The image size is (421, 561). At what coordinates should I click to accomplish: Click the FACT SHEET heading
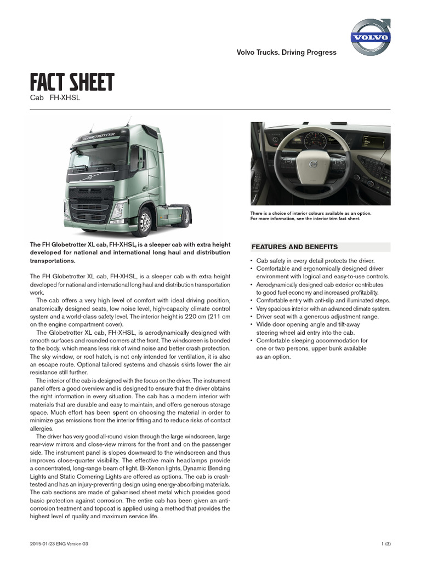71,83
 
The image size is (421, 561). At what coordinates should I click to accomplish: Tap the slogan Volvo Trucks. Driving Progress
286,53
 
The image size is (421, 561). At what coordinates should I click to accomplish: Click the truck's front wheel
145,221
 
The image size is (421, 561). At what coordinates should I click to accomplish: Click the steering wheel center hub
313,165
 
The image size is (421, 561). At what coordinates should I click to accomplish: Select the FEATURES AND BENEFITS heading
294,247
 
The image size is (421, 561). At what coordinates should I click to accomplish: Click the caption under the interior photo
305,216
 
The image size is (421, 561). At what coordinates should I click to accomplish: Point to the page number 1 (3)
385,543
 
